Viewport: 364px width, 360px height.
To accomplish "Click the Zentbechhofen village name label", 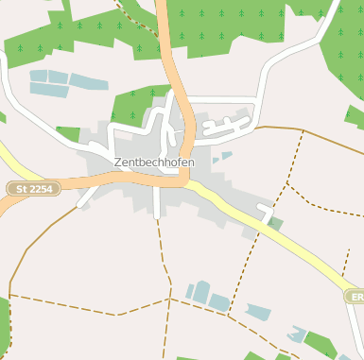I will coord(154,163).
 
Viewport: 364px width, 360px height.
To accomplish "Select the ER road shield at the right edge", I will coord(355,297).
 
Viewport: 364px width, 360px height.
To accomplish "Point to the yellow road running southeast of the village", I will coord(284,240).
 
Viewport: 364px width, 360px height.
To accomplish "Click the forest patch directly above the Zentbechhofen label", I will coord(137,105).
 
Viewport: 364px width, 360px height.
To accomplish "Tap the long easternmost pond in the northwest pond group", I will coord(89,81).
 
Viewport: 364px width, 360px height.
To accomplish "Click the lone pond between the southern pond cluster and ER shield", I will coord(258,312).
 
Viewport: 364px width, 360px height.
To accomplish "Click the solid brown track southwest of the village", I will coord(38,236).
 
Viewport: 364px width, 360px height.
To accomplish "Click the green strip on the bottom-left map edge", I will coord(4,326).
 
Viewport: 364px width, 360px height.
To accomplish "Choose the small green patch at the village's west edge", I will coord(68,133).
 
